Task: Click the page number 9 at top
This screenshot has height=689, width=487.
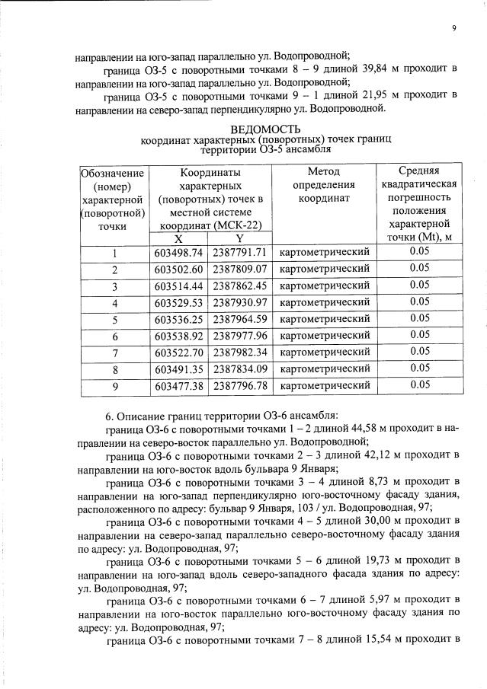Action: pyautogui.click(x=453, y=28)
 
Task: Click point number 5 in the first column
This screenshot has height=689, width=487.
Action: pyautogui.click(x=115, y=319)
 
